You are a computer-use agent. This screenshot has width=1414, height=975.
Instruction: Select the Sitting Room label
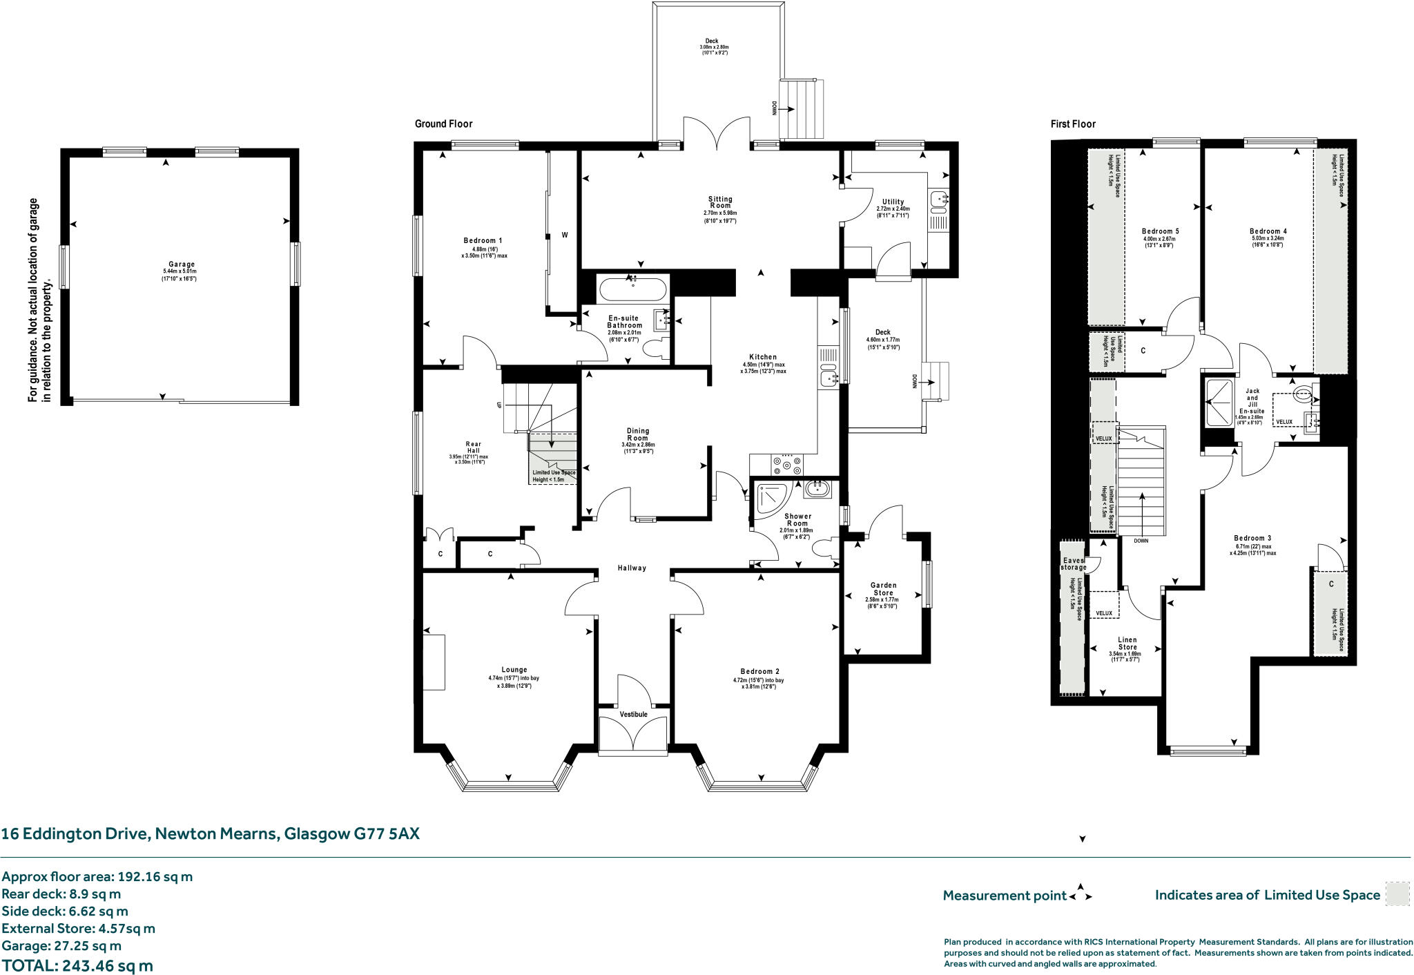point(720,202)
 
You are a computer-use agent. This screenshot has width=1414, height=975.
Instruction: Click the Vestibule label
point(633,714)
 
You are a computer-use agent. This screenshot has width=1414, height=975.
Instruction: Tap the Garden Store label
point(883,589)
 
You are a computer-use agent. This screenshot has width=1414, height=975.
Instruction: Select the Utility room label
point(893,202)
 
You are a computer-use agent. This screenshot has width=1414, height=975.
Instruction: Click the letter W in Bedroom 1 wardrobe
point(565,235)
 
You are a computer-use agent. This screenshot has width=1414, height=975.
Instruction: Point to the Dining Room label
point(638,434)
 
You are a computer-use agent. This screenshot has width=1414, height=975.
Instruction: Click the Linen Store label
point(1127,644)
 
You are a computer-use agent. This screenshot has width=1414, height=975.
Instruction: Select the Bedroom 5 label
point(1160,231)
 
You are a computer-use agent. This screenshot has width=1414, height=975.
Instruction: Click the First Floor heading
point(1073,124)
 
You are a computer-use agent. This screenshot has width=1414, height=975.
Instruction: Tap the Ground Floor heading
point(443,124)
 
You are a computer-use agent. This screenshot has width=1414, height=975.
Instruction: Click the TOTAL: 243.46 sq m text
point(77,965)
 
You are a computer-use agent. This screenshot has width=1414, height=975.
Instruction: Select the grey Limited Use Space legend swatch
point(1397,894)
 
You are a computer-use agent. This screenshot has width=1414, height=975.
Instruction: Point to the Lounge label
point(514,670)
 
